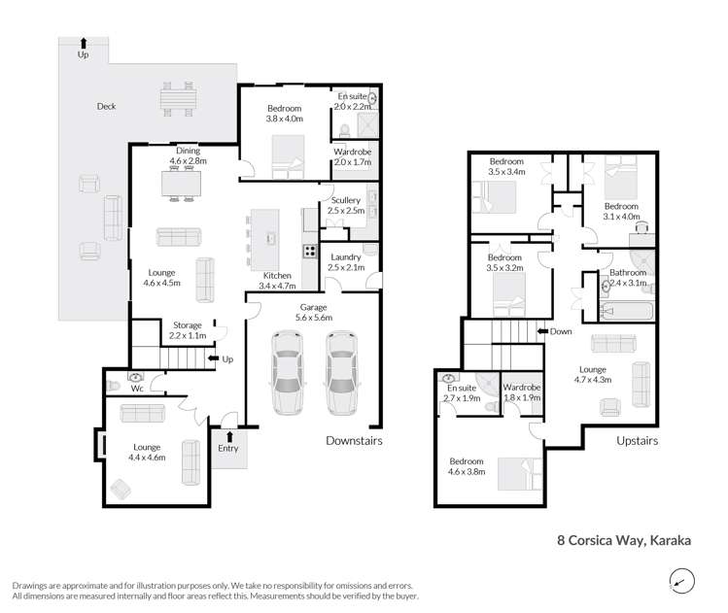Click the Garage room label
coord(312,311)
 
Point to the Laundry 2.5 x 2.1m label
coord(346,261)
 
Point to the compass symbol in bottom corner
coord(683,581)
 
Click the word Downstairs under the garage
coord(353,440)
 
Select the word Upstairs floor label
coord(637,440)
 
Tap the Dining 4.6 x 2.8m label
coord(188,155)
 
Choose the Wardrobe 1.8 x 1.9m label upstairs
coord(521,393)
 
